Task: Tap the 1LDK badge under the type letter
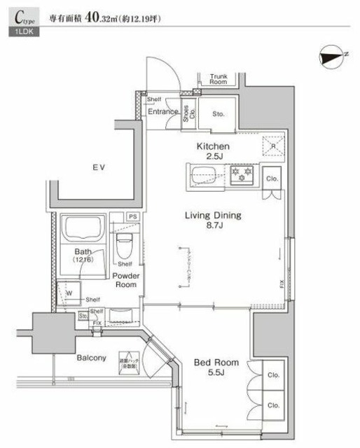(x=25, y=32)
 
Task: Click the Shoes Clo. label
(x=189, y=113)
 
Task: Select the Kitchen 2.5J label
(x=210, y=150)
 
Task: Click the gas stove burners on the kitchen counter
(x=241, y=174)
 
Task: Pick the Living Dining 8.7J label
(x=213, y=221)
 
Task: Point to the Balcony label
(x=92, y=358)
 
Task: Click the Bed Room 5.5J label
(x=216, y=367)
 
